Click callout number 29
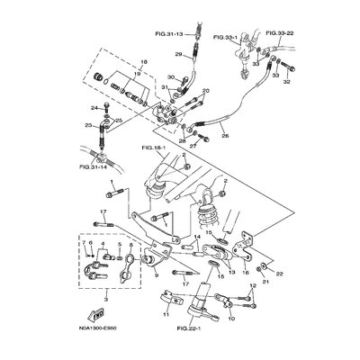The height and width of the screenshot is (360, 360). tap(179, 56)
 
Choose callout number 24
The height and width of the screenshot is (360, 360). tap(93, 109)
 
